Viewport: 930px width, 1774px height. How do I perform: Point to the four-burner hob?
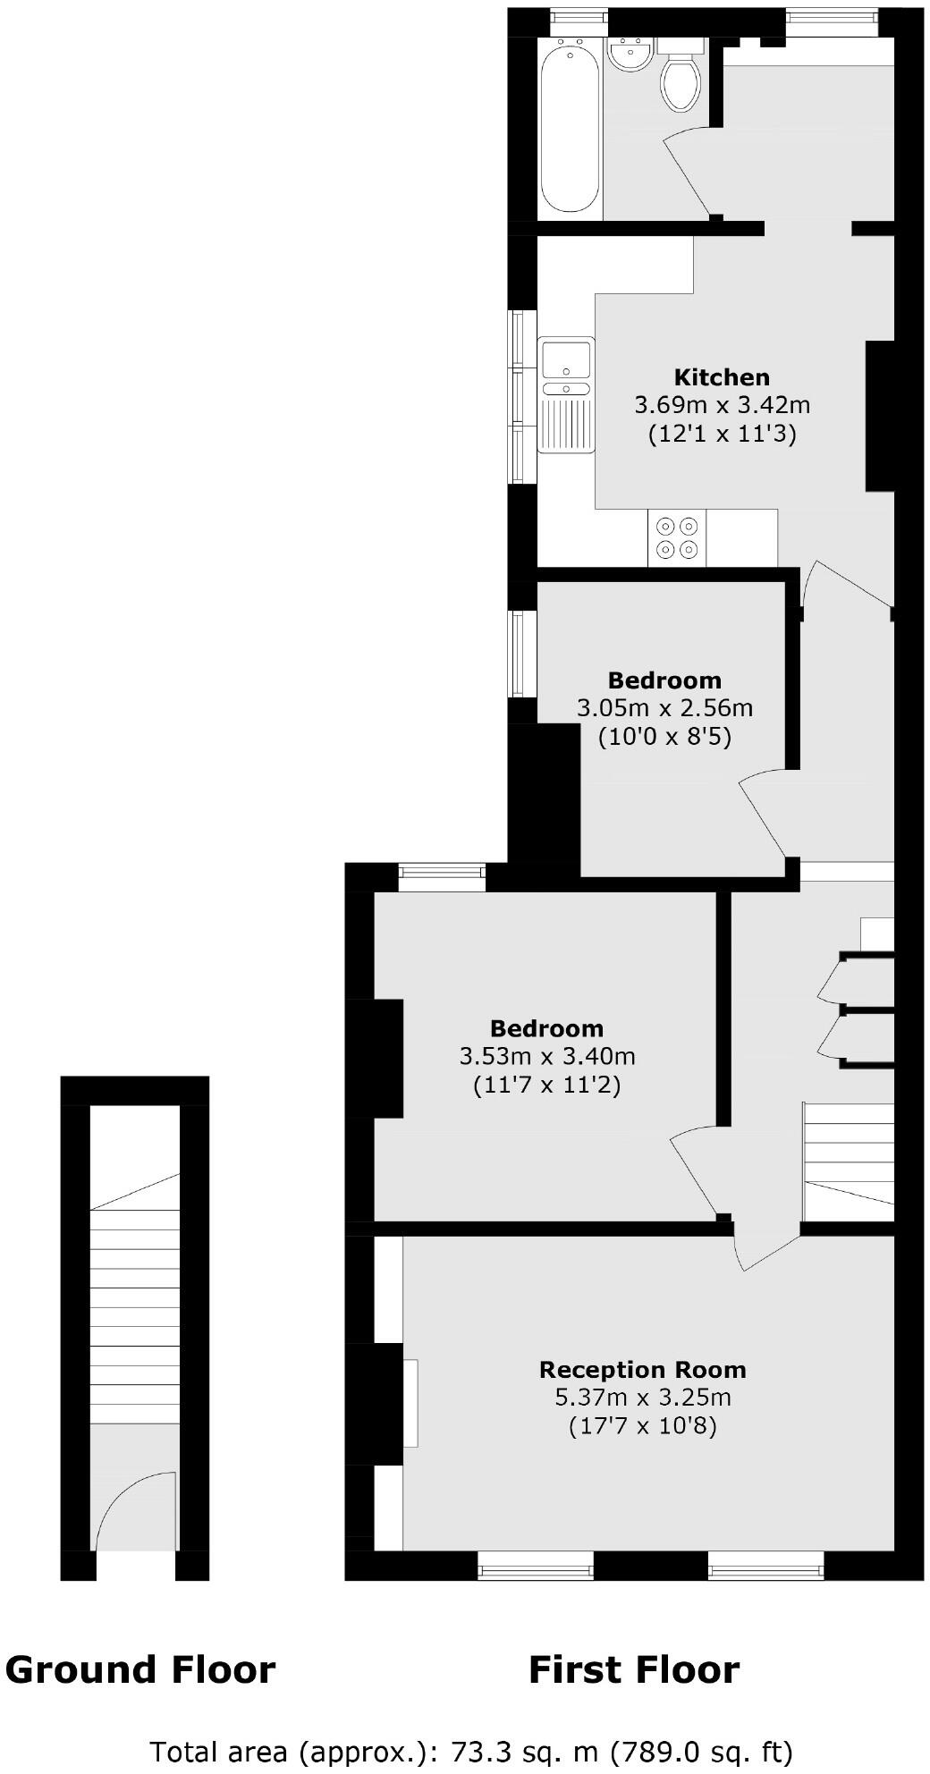[x=677, y=537]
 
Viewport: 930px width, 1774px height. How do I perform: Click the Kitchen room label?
[x=722, y=376]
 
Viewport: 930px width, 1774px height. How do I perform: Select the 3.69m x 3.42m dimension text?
[x=722, y=405]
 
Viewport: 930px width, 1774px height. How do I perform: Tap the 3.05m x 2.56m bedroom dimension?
[x=664, y=708]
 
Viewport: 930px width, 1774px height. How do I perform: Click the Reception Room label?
[x=642, y=1369]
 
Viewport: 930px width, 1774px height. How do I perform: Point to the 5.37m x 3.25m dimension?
[x=642, y=1397]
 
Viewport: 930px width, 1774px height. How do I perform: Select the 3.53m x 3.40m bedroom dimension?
[x=547, y=1056]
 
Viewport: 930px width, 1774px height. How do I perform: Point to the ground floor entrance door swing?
[x=134, y=1511]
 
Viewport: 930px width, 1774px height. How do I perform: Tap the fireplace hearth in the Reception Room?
[x=410, y=1403]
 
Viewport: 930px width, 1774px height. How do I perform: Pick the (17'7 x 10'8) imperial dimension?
[x=642, y=1425]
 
